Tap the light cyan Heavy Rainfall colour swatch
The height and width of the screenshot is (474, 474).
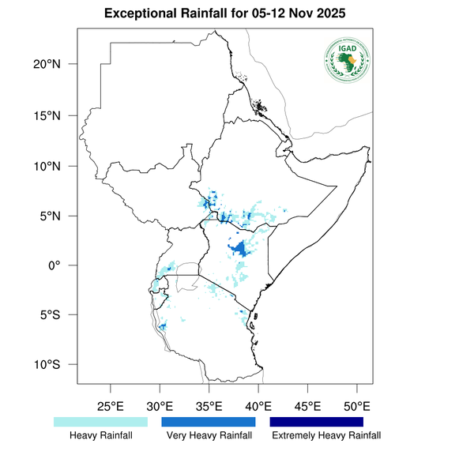[x=100, y=422]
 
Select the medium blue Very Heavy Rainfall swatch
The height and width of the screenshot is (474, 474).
[x=209, y=422]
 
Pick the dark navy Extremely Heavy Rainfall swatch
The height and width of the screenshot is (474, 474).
[x=317, y=422]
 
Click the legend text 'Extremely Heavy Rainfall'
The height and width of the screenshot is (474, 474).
[x=325, y=435]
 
